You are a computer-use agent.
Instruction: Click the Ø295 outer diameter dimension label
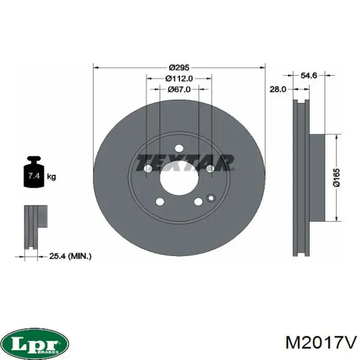(179, 68)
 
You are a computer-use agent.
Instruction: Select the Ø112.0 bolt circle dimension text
(179, 79)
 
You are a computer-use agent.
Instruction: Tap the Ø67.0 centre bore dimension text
(179, 89)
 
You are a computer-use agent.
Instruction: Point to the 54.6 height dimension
(309, 75)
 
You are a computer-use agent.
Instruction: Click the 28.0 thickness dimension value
(278, 89)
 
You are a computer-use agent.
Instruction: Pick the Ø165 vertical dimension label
(336, 178)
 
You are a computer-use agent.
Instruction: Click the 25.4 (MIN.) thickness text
(70, 256)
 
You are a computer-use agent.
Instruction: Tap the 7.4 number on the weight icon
(34, 176)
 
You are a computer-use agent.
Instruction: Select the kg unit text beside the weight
(51, 176)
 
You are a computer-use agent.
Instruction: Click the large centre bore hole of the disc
(179, 178)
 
